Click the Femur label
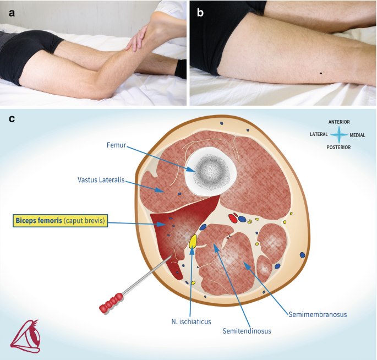tap(117, 145)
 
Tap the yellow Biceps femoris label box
tap(59, 221)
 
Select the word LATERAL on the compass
tap(319, 134)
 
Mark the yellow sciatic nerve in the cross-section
tap(193, 241)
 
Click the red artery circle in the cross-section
tap(233, 219)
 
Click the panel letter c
tap(10, 118)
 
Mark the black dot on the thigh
tap(321, 73)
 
